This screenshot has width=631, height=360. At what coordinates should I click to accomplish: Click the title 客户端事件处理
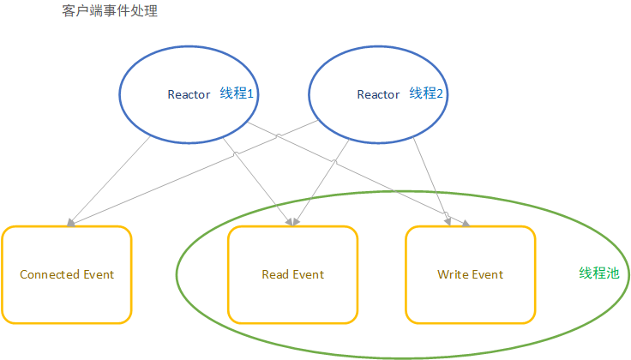[x=111, y=12]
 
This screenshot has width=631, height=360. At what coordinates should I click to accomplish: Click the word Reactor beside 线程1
[x=189, y=94]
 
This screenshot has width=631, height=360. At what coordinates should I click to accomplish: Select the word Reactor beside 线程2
[x=378, y=94]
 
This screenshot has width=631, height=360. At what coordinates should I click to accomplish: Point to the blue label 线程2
[x=426, y=93]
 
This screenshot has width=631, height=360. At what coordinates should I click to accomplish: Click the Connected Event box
[x=67, y=274]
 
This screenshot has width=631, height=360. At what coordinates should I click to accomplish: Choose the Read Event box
[x=292, y=274]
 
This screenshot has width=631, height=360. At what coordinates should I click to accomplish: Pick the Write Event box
[x=470, y=274]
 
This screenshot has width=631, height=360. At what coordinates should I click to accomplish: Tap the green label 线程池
[x=598, y=273]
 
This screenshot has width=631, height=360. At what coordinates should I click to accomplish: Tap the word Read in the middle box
[x=275, y=274]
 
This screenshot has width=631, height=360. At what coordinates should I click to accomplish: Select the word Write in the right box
[x=452, y=274]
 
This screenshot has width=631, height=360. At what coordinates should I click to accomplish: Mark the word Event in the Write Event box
[x=487, y=274]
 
